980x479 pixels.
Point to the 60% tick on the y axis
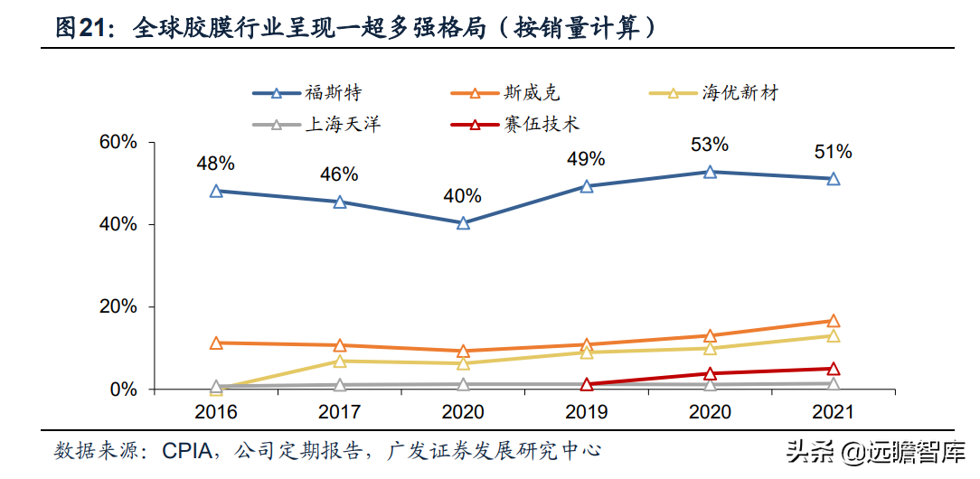click(118, 142)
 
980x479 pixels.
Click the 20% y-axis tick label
click(118, 307)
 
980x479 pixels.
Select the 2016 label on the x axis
click(216, 411)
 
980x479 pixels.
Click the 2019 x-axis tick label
click(586, 411)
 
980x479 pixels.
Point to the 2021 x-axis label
click(833, 411)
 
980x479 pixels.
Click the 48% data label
click(216, 164)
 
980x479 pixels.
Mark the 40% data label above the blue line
click(463, 195)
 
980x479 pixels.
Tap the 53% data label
click(710, 145)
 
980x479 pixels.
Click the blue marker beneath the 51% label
click(833, 179)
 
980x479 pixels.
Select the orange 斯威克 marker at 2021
click(833, 321)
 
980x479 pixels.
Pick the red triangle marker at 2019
click(586, 384)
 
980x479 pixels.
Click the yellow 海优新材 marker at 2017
click(340, 361)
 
